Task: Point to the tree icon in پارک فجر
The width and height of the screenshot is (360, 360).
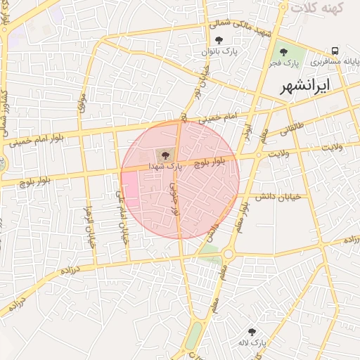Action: pos(283,51)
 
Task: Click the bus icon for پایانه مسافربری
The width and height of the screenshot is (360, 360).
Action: pos(335,51)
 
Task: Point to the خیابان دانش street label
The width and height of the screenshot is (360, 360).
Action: pos(278,197)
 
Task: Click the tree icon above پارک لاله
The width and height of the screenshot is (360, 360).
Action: pos(252,331)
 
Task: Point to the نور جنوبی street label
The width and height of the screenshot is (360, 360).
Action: pos(172,198)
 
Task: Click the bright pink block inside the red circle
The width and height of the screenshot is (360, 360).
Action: pos(131,188)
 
